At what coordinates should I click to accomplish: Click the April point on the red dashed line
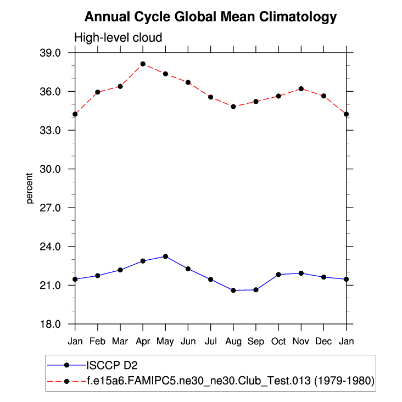[x=143, y=64]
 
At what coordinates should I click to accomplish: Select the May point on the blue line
[x=165, y=256]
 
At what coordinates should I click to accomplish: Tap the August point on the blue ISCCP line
[x=233, y=290]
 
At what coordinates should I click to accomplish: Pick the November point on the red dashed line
[x=301, y=88]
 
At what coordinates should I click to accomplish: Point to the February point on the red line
[x=98, y=92]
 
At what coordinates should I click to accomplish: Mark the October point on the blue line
[x=278, y=275]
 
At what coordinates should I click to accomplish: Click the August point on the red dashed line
[x=233, y=107]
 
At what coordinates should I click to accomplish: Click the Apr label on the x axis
[x=143, y=341]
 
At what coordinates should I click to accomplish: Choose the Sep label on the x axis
[x=256, y=341]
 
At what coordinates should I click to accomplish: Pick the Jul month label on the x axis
[x=210, y=341]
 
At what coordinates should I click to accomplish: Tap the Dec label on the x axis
[x=323, y=341]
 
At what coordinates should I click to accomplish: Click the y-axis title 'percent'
[x=31, y=188]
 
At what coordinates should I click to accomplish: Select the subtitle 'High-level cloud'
[x=118, y=38]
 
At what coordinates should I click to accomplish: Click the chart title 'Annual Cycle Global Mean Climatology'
[x=210, y=17]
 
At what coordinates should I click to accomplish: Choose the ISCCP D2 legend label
[x=115, y=364]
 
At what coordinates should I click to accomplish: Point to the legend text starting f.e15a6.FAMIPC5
[x=230, y=381]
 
